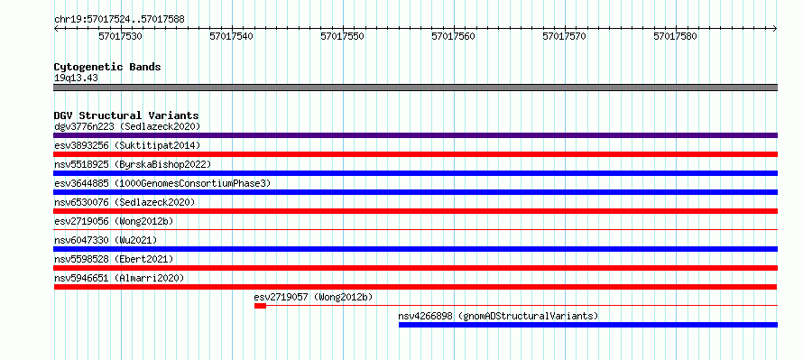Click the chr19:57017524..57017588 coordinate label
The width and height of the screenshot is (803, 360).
[119, 20]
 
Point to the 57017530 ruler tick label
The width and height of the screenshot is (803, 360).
[120, 36]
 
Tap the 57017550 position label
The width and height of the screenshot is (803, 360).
[342, 36]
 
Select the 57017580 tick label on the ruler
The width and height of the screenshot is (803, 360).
[676, 36]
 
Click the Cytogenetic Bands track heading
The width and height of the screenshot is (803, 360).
[107, 67]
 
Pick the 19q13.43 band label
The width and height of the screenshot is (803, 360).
[76, 78]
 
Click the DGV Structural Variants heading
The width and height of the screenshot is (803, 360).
[126, 115]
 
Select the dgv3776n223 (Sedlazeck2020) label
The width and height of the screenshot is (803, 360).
[127, 126]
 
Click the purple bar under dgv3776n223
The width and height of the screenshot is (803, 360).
[415, 135]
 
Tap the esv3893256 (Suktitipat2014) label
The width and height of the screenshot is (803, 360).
[127, 145]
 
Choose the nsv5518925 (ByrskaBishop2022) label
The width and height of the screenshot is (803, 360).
[133, 164]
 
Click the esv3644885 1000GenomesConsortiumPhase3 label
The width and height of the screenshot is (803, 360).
[162, 183]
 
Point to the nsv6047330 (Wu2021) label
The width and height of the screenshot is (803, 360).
[106, 240]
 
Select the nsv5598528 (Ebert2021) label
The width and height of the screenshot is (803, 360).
[114, 259]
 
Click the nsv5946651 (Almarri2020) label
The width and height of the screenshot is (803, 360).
[119, 278]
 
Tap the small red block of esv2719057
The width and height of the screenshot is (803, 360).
[260, 306]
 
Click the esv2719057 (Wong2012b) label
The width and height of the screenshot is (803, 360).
[313, 297]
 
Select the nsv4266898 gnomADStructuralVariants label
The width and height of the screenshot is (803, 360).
[498, 316]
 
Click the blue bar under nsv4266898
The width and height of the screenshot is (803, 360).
[588, 325]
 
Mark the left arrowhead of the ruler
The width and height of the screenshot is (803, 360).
[56, 29]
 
